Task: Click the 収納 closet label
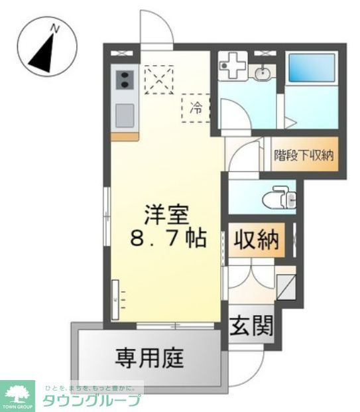tap(257, 239)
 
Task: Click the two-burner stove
tap(124, 81)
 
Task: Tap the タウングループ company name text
tap(91, 400)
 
